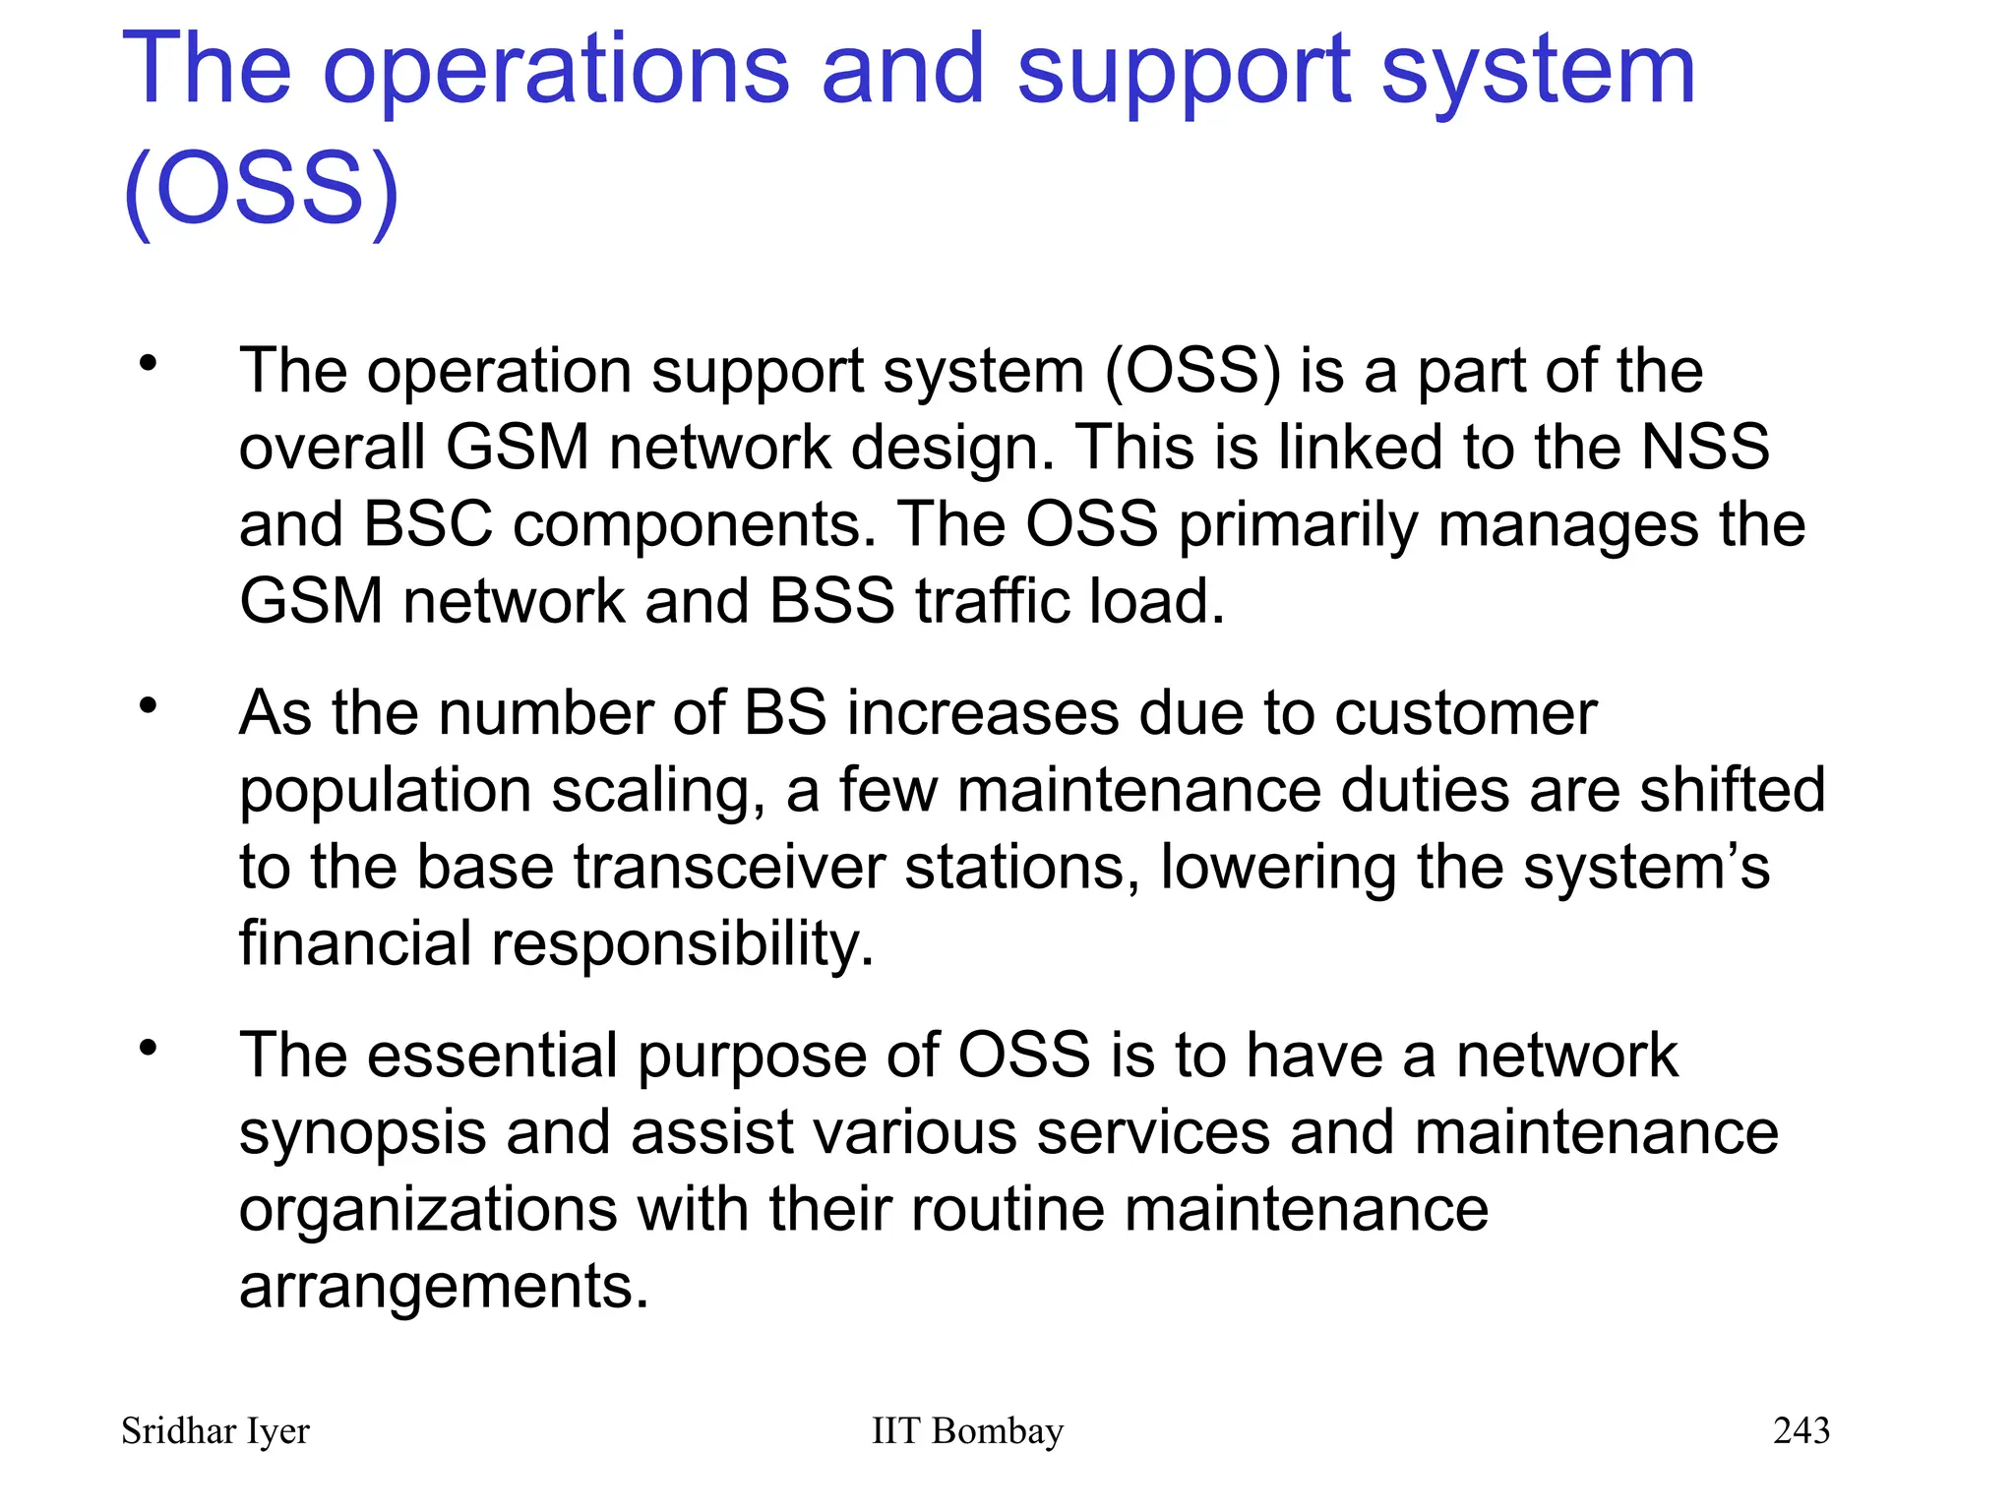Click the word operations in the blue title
[x=556, y=71]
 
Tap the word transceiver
[x=729, y=867]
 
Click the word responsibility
[x=682, y=944]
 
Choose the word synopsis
[x=362, y=1133]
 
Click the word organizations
[x=428, y=1210]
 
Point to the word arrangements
[x=444, y=1287]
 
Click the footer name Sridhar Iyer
[x=214, y=1431]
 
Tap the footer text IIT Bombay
[x=967, y=1431]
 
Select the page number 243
[x=1801, y=1430]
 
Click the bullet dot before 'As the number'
[x=149, y=705]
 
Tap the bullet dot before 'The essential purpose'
[x=149, y=1049]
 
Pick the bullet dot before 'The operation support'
[x=149, y=364]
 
